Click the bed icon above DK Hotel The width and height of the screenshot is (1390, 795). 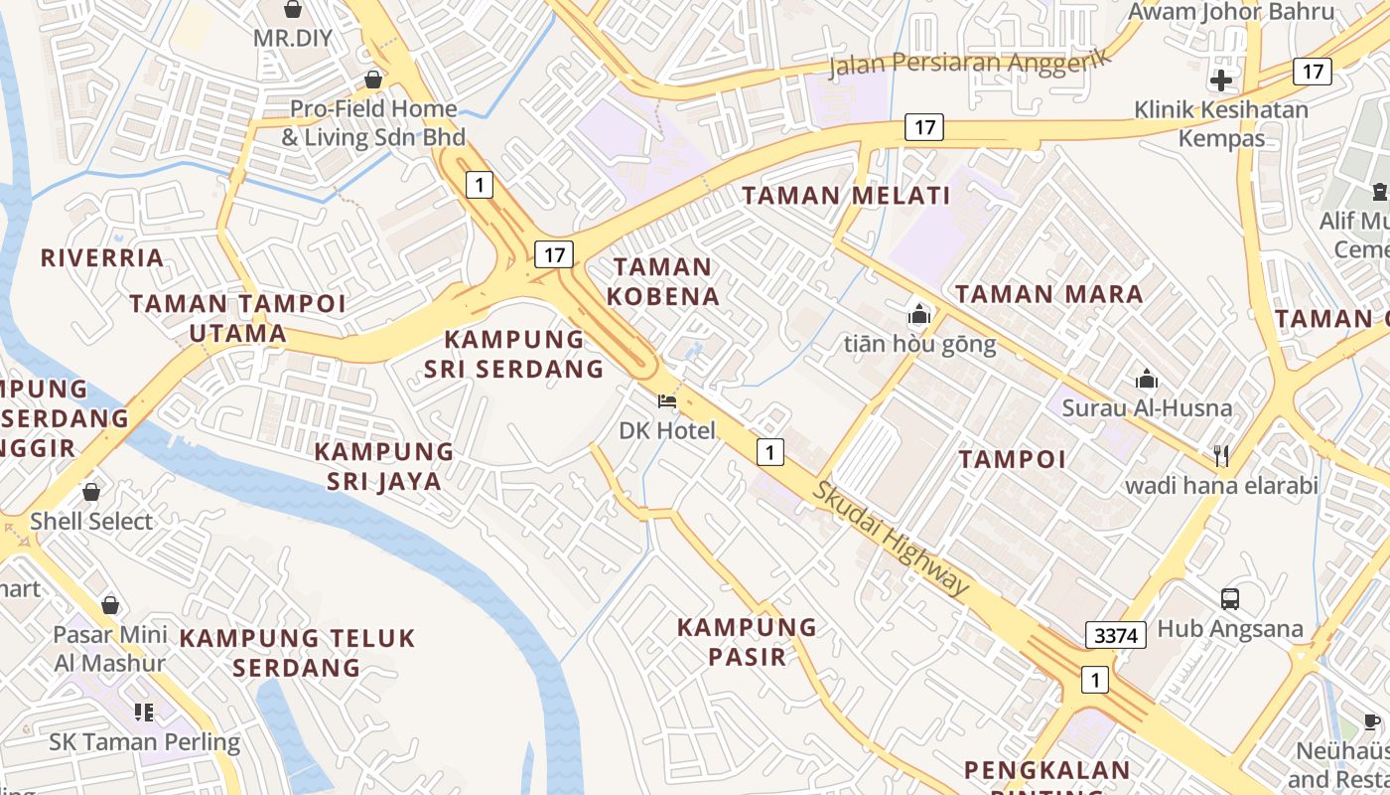coord(667,401)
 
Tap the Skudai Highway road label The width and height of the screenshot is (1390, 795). coord(891,539)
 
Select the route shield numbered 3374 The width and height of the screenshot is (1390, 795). coord(1116,635)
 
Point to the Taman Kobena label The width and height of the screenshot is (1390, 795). coord(663,281)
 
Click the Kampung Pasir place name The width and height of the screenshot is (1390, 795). coord(747,641)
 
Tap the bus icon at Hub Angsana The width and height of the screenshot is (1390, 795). coord(1230,598)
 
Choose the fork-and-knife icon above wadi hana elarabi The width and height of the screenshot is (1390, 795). coord(1221,455)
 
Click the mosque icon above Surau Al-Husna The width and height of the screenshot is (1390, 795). coord(1147,379)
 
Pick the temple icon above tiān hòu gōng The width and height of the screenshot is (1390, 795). coord(919,315)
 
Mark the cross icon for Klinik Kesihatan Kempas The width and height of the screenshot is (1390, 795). coord(1221,80)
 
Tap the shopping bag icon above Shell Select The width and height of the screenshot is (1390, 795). coord(91,492)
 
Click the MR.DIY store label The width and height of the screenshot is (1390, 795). coord(292,39)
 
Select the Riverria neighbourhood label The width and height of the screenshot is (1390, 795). coord(102,258)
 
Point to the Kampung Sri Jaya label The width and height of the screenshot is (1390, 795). coord(384,466)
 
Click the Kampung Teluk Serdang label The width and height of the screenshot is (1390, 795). coord(297,652)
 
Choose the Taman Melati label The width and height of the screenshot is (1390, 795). coord(846,196)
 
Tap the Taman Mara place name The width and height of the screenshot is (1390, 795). coord(1048,294)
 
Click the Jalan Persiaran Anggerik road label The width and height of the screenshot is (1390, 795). coord(971,62)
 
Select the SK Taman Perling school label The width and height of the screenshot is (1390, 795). coord(145,741)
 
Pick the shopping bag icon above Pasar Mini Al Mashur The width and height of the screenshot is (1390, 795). coord(110,605)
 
